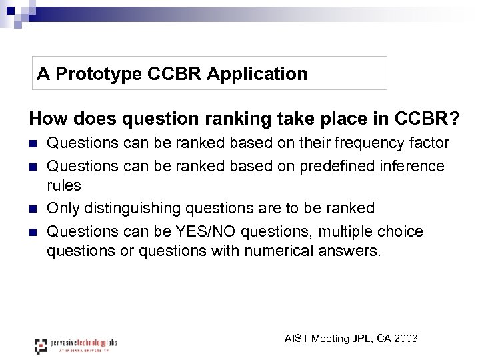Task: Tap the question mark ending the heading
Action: (x=453, y=119)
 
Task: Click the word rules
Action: (x=63, y=186)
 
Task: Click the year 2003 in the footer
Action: (x=406, y=339)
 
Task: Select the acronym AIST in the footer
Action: (x=297, y=339)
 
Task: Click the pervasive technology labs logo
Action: (x=75, y=345)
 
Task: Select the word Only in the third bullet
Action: (x=61, y=209)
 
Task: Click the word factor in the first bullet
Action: (x=431, y=143)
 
